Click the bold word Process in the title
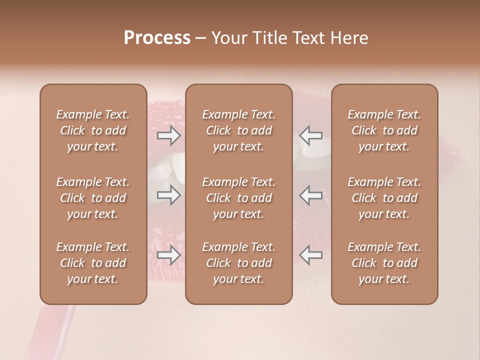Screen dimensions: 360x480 157,38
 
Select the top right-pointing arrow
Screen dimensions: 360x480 168,135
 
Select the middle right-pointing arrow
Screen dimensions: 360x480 168,195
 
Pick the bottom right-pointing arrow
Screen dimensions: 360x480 168,255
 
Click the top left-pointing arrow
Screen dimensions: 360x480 311,135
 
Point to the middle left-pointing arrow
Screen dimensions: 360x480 311,195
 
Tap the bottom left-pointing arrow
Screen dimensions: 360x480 311,255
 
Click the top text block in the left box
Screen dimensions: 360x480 93,130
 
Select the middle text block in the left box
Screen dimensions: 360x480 93,198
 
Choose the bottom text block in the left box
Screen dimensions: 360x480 93,263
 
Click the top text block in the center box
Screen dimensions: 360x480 238,130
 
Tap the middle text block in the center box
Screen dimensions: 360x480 238,198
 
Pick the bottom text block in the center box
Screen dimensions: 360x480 238,263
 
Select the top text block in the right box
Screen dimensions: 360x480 384,130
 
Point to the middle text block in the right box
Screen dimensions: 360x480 384,198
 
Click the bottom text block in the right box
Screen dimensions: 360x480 384,263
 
